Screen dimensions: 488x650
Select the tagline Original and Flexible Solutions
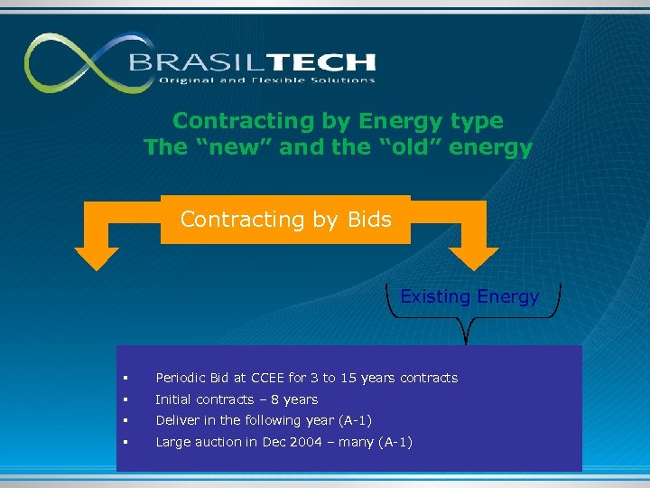[266, 80]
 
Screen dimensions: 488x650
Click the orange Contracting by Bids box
[285, 220]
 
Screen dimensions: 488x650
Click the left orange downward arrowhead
[96, 257]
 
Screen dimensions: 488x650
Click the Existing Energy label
[469, 296]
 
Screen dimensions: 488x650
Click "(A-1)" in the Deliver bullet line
[354, 420]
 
